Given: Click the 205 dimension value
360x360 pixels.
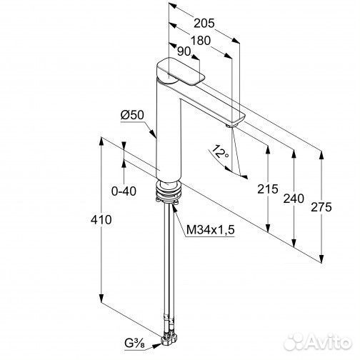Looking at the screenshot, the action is coord(204,24).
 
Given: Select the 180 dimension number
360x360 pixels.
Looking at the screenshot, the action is coord(201,41).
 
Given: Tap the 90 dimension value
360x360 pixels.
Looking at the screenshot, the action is coord(184,51).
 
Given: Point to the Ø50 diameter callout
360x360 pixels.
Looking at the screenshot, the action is coord(132,115).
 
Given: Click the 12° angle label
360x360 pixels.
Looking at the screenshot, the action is coord(219,151).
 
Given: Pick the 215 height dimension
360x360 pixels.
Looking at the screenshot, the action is coord(268,189).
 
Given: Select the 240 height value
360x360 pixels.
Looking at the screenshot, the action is coord(294,199).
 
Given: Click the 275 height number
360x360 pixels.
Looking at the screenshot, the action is coord(321,207).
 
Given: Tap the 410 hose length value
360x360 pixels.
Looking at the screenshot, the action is coord(101,219).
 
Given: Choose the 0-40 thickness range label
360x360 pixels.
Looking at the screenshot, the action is coord(124,191).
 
